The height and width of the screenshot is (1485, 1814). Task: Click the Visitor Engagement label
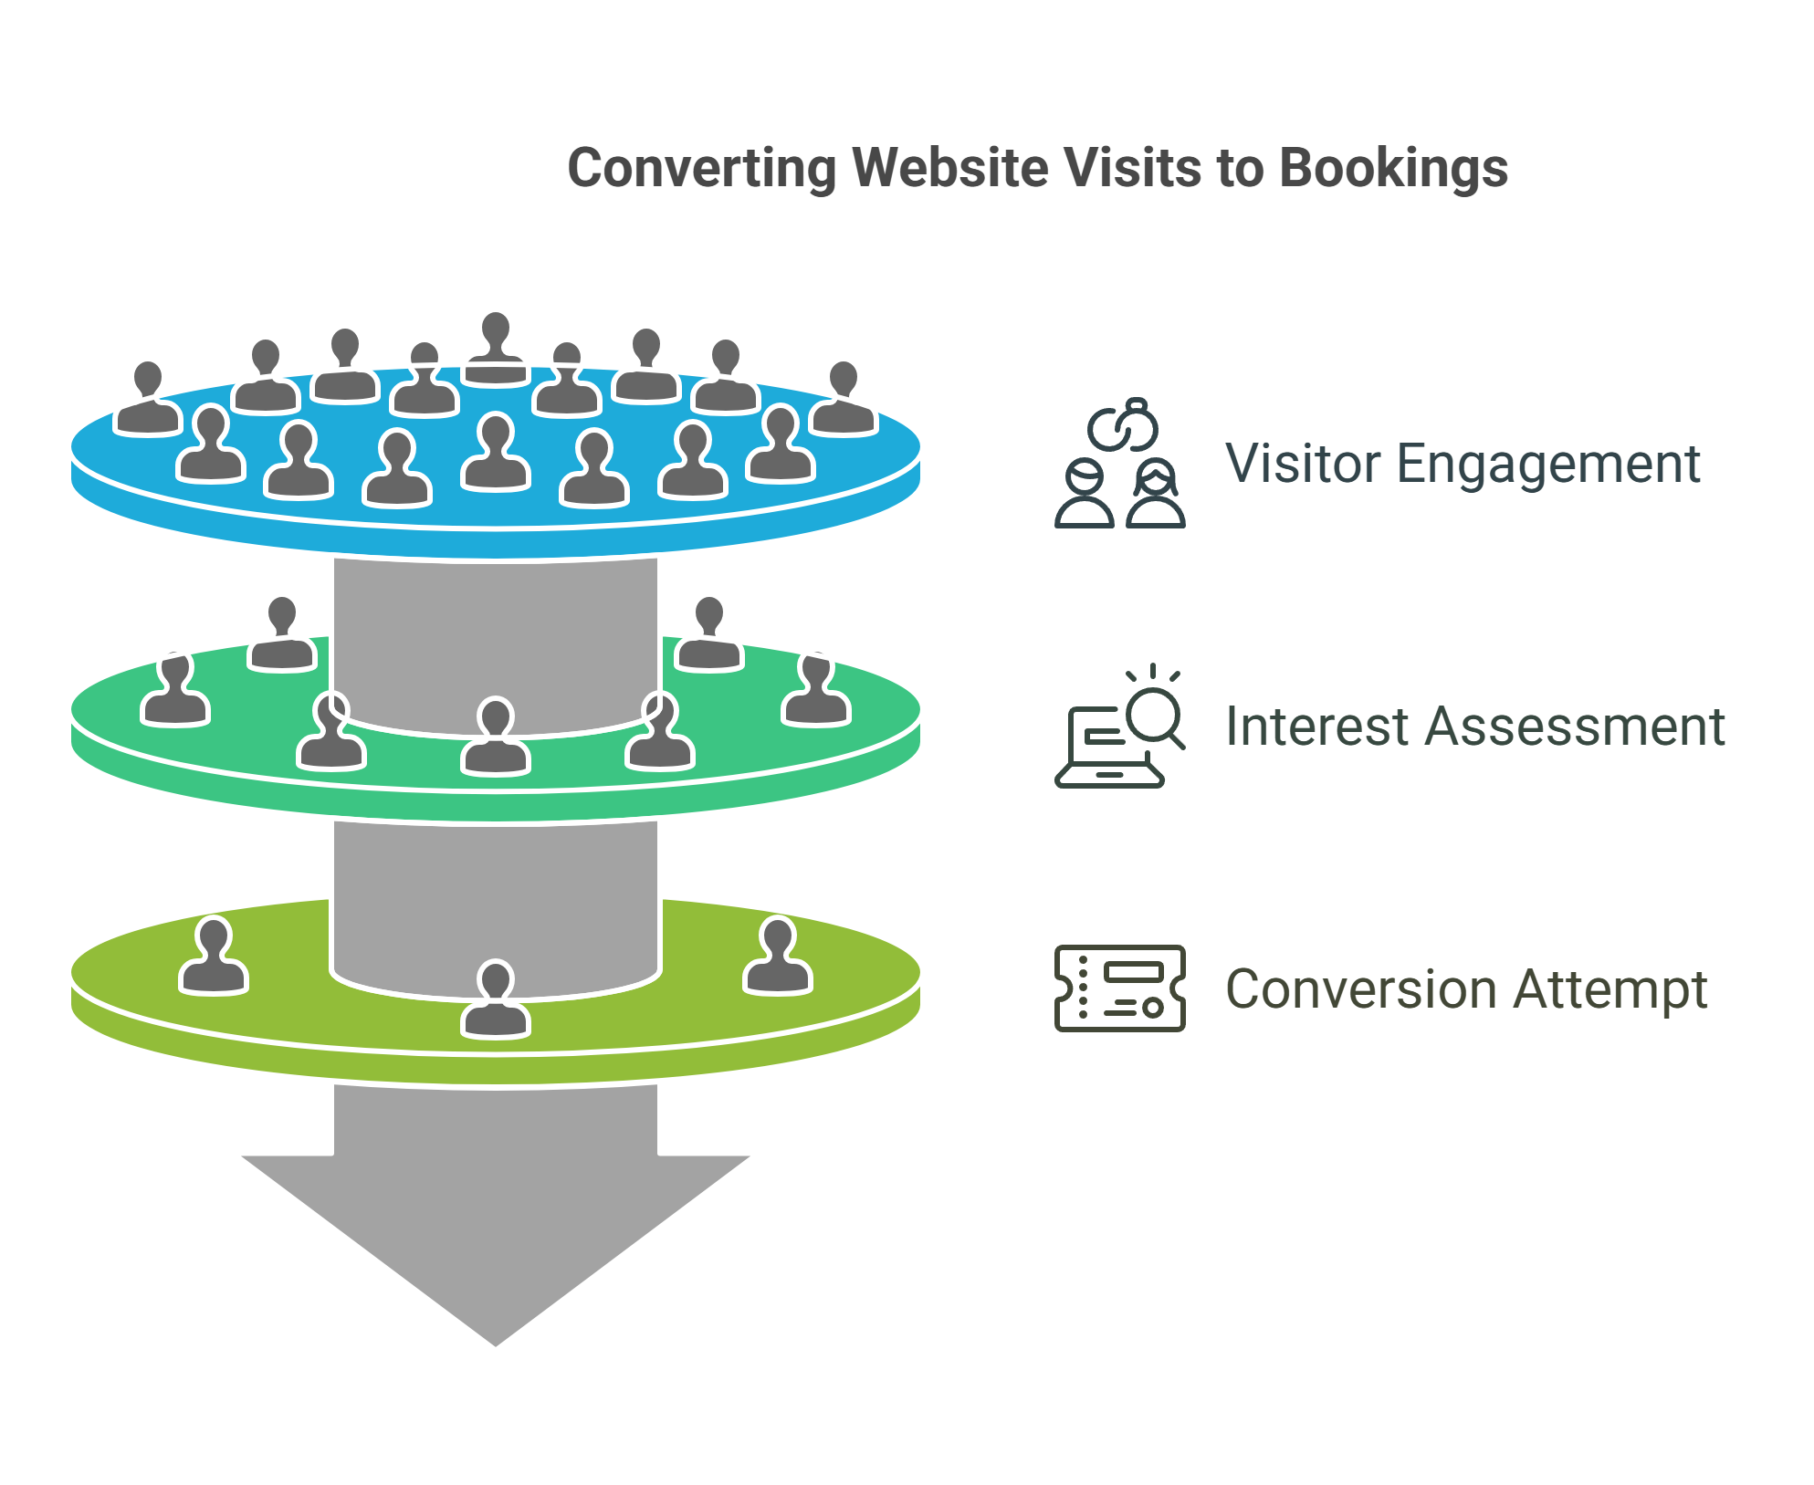point(1462,464)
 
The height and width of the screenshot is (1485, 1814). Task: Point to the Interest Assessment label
point(1473,727)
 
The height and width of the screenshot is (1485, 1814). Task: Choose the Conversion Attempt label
point(1465,989)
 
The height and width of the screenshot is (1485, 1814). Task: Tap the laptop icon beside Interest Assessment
point(1108,748)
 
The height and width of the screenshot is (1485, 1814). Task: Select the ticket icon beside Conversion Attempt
point(1119,988)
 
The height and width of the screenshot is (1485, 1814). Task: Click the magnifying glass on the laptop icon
point(1155,716)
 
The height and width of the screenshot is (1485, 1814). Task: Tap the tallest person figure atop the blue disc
point(496,350)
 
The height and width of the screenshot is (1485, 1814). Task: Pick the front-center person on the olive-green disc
point(496,1000)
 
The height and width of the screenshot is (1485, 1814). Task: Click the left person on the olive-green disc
point(214,957)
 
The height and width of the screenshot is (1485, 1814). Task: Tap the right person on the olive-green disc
point(778,957)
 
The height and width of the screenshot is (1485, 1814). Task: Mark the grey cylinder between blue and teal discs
point(496,639)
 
